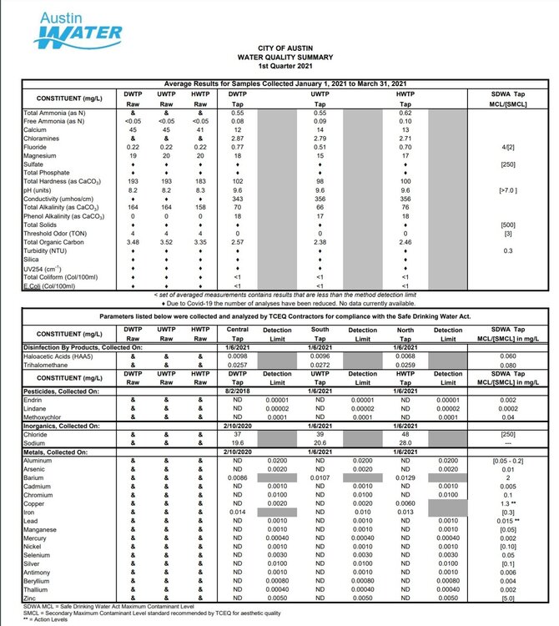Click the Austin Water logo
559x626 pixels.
[x=78, y=27]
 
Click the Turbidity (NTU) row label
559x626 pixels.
[x=48, y=250]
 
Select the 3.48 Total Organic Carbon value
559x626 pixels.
[x=132, y=242]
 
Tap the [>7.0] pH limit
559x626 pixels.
[x=505, y=190]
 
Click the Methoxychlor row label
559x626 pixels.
[x=46, y=416]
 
